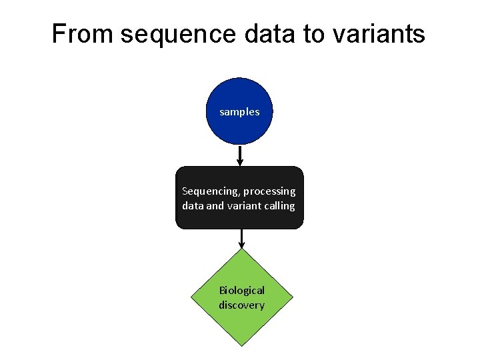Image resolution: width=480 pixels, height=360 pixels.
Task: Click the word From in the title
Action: coord(83,34)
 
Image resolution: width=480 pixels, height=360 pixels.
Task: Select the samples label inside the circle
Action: coord(239,112)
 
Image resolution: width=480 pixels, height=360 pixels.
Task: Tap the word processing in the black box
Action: coord(269,191)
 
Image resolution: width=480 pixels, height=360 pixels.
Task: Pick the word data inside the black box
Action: coord(193,206)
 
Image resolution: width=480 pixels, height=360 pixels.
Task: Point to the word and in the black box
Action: coord(215,206)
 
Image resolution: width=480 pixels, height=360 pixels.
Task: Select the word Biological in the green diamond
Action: coord(242,291)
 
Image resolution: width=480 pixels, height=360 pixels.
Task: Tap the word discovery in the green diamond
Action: coord(242,305)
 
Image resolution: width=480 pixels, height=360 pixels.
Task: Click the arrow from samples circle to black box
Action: coord(240,156)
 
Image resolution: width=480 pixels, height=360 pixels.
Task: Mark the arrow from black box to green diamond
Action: coord(241,239)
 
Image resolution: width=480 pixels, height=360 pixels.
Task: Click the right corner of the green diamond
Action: coord(291,297)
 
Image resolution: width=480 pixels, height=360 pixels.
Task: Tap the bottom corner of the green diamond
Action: coord(241,345)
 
